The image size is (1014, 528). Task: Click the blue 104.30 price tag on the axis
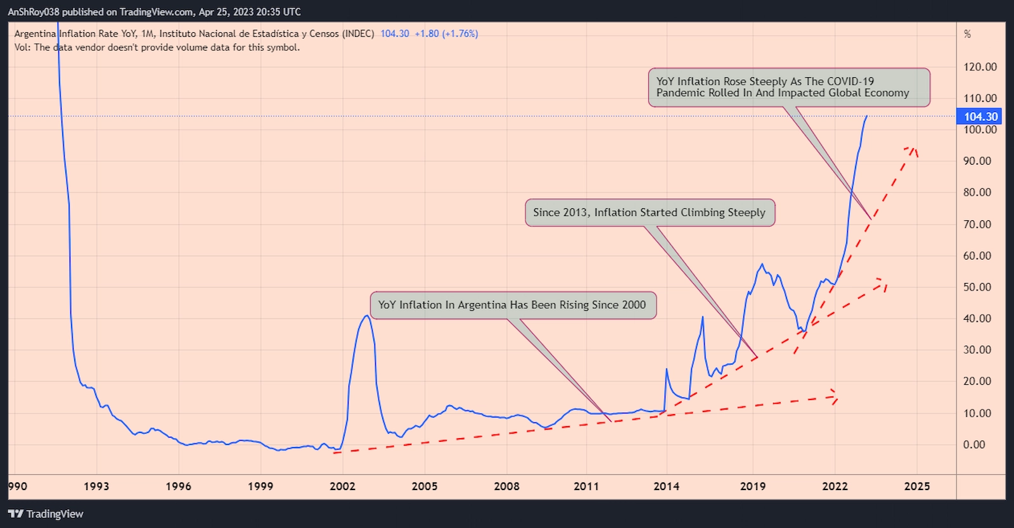[x=980, y=116]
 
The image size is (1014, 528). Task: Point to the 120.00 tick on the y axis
[x=980, y=67]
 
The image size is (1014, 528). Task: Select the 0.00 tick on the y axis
[x=974, y=444]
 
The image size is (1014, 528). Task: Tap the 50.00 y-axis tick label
[x=977, y=287]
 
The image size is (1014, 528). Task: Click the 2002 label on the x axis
[x=342, y=486]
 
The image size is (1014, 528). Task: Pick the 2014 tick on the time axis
[x=666, y=486]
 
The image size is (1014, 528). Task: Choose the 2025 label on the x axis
[x=917, y=486]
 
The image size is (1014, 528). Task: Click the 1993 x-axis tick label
[x=96, y=486]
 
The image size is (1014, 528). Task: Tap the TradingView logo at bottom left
[x=46, y=514]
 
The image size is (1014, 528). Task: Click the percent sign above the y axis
[x=967, y=34]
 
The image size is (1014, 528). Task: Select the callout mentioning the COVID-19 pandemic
[x=788, y=87]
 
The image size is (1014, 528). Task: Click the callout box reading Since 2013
[x=650, y=213]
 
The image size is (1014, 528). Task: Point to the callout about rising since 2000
[x=513, y=305]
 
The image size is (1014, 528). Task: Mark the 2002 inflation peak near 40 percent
[x=366, y=315]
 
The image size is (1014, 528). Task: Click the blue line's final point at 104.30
[x=866, y=116]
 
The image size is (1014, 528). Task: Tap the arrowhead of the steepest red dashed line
[x=913, y=149]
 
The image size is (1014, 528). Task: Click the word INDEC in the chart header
[x=359, y=34]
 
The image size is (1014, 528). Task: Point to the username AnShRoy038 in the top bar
[x=33, y=12]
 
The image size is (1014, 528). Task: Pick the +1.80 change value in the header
[x=427, y=34]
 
